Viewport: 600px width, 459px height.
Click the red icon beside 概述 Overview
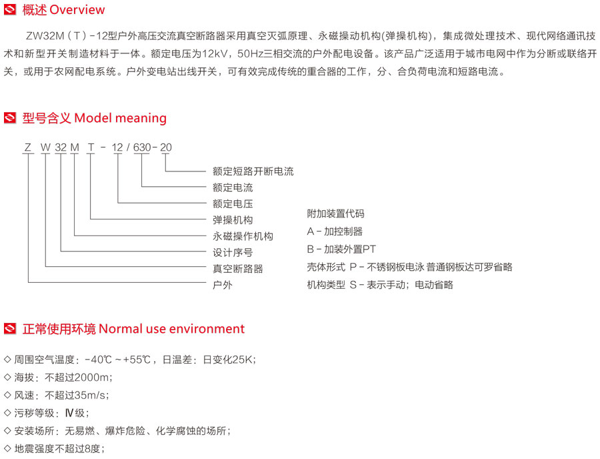[x=10, y=10]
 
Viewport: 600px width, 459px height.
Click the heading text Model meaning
[x=120, y=118]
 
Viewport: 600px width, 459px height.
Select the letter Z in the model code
[x=27, y=147]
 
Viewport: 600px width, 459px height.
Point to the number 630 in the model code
[x=141, y=147]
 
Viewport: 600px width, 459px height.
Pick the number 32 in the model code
[x=61, y=147]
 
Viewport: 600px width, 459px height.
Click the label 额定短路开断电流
[x=253, y=171]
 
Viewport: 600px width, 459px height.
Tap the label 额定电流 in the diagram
[x=233, y=188]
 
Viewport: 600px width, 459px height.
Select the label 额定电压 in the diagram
[x=233, y=204]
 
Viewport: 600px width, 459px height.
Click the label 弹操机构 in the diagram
[x=233, y=220]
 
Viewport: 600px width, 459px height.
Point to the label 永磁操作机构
[x=243, y=236]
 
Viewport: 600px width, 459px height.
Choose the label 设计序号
[x=233, y=253]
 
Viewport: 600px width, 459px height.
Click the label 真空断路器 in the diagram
[x=238, y=269]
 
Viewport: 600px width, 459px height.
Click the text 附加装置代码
[x=335, y=214]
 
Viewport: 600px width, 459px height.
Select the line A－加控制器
[x=335, y=232]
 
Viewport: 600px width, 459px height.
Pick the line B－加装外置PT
[x=341, y=249]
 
